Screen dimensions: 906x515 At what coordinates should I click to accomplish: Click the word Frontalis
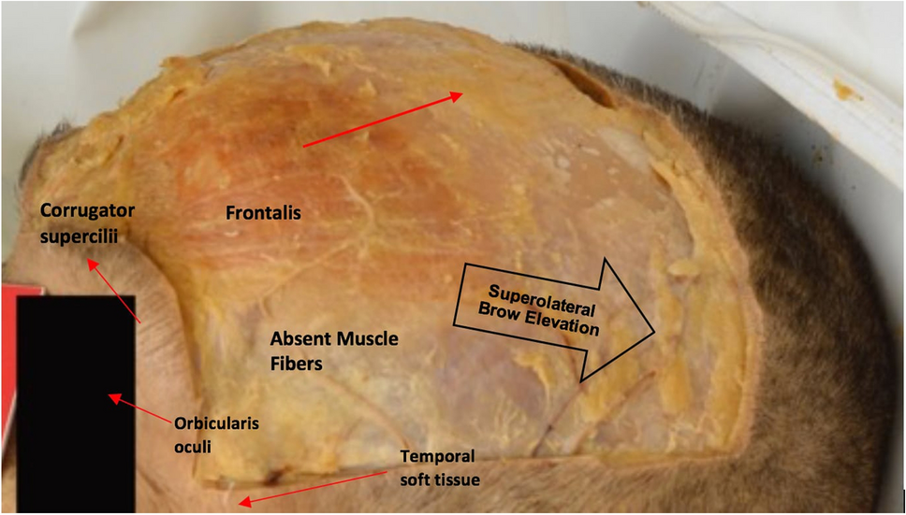pyautogui.click(x=264, y=214)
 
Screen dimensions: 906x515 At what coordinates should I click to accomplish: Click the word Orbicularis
pyautogui.click(x=215, y=423)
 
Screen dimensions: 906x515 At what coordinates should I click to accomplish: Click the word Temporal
pyautogui.click(x=438, y=456)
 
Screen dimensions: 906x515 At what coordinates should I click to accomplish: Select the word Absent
pyautogui.click(x=296, y=338)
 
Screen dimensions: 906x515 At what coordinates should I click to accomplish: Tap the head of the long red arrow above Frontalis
pyautogui.click(x=458, y=93)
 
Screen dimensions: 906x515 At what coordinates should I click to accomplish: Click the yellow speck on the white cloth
pyautogui.click(x=849, y=91)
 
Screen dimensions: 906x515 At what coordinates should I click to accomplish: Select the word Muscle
pyautogui.click(x=368, y=338)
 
